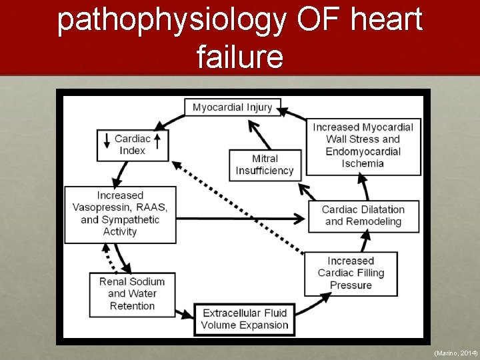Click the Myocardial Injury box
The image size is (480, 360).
point(232,107)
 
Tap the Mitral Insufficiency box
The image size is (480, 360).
point(265,165)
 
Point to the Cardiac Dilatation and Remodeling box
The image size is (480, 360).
point(363,215)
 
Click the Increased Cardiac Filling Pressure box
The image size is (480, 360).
point(351,273)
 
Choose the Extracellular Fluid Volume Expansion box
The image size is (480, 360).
point(245,319)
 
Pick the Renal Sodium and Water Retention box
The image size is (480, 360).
point(131,293)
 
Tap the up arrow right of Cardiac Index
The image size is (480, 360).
point(157,140)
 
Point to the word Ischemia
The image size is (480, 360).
point(363,163)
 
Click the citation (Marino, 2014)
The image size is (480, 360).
point(455,352)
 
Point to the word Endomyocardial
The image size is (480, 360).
point(363,151)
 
